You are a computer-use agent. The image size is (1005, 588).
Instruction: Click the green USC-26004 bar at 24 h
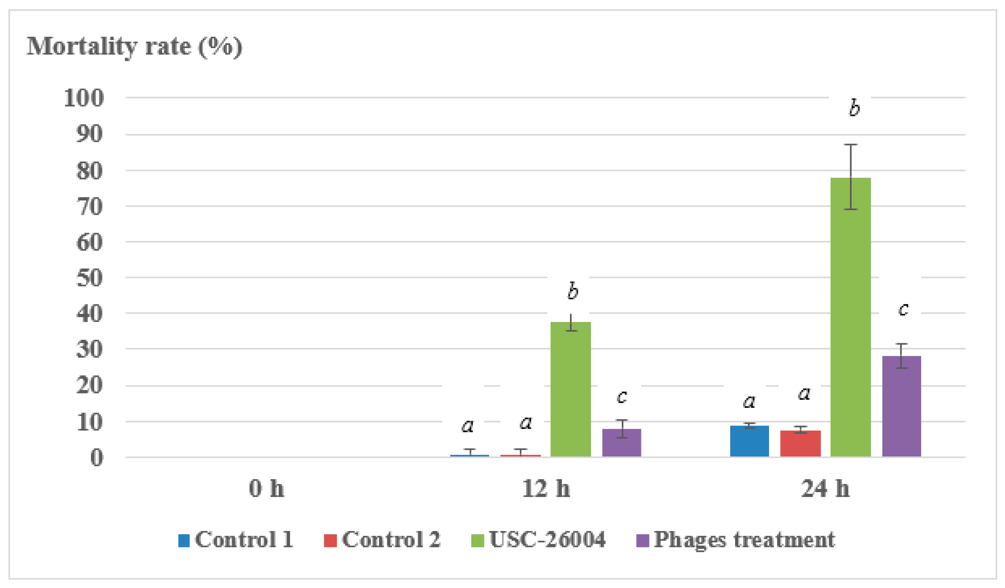[850, 319]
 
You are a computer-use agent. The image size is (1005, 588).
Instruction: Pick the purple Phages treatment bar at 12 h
[621, 443]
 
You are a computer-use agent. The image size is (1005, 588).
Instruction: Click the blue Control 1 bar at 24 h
[749, 441]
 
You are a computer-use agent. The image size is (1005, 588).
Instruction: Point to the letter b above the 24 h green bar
[854, 108]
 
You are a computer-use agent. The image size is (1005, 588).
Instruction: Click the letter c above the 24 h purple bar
[903, 309]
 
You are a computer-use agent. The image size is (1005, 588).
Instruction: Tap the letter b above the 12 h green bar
[573, 290]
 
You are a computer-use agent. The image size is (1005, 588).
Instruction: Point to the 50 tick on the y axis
[89, 278]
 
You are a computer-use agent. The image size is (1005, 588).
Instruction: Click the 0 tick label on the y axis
[96, 457]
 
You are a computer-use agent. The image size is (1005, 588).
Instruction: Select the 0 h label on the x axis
[266, 488]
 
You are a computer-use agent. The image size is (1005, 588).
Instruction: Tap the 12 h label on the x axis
[546, 488]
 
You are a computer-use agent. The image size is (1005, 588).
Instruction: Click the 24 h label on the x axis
[825, 488]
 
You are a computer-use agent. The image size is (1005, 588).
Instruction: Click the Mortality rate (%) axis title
[134, 47]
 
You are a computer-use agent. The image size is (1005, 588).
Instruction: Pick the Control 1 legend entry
[235, 540]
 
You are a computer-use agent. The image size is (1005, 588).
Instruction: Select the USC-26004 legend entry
[539, 540]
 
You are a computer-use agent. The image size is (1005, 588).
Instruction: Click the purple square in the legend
[642, 541]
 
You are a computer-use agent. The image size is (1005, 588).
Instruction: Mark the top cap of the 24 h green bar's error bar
[850, 144]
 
